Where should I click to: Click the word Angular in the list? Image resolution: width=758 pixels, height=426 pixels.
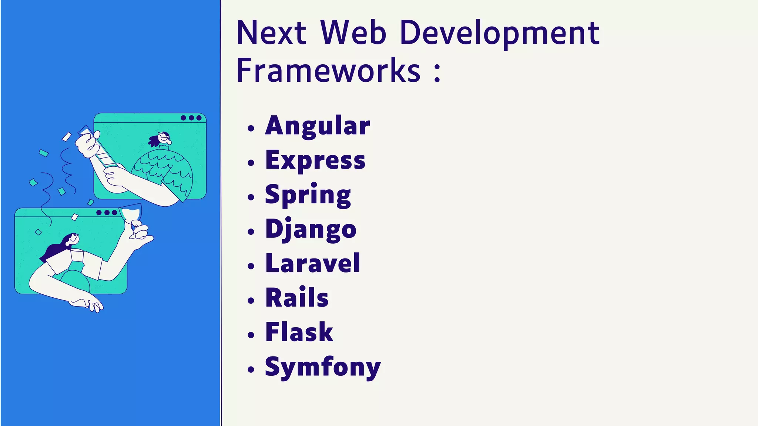(x=317, y=126)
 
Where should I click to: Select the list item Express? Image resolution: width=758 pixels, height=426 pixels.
(x=315, y=160)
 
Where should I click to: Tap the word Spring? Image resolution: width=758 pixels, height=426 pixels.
(x=308, y=195)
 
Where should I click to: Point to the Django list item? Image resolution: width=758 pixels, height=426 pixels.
(x=311, y=229)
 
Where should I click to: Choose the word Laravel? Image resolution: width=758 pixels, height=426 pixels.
(x=312, y=263)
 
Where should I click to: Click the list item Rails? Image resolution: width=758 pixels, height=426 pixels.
(x=297, y=298)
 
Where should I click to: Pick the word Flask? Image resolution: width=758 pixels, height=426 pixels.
(x=299, y=332)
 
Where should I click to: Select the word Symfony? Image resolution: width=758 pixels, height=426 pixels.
(x=322, y=367)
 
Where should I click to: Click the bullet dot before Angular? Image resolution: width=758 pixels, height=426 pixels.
(x=251, y=128)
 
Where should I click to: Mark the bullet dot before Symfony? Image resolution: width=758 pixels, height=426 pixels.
(x=251, y=369)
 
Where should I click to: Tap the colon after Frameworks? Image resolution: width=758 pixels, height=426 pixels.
(x=437, y=72)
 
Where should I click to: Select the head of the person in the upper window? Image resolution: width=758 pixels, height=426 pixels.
(x=163, y=138)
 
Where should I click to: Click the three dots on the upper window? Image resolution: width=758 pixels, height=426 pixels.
(x=191, y=118)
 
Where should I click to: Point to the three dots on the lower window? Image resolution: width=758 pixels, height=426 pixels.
(x=107, y=213)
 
